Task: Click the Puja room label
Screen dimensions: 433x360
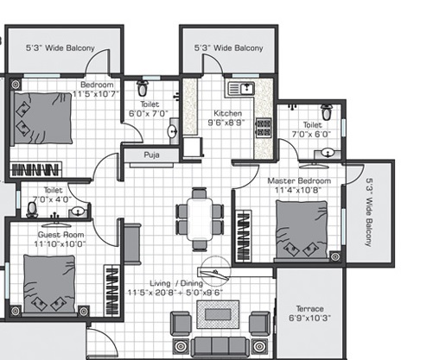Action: click(151, 155)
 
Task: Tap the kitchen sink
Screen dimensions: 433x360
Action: click(241, 89)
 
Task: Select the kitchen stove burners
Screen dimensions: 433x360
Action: click(264, 128)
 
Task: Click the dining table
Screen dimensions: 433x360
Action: click(200, 219)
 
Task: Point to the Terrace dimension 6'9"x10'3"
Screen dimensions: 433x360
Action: click(309, 318)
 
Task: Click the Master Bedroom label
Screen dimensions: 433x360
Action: click(299, 181)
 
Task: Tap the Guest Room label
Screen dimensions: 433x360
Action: click(60, 235)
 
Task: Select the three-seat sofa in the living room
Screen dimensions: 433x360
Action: click(220, 346)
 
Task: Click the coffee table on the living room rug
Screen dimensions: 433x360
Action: click(218, 314)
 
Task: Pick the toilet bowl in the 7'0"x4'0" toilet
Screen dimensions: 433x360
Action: click(32, 210)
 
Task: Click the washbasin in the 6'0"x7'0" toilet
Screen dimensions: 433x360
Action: click(173, 132)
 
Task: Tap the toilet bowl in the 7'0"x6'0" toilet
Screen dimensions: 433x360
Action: click(327, 112)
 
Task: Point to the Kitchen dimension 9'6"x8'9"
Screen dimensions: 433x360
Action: click(226, 123)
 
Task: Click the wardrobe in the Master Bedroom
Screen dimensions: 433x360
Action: click(244, 236)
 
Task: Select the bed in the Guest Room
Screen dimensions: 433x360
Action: click(49, 284)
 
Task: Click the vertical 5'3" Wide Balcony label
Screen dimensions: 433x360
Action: click(369, 212)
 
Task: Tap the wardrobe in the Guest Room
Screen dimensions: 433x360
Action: click(111, 290)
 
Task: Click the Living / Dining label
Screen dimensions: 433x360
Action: click(176, 283)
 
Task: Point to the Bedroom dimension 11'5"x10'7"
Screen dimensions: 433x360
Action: click(96, 94)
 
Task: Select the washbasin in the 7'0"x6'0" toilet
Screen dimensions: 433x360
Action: click(328, 153)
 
